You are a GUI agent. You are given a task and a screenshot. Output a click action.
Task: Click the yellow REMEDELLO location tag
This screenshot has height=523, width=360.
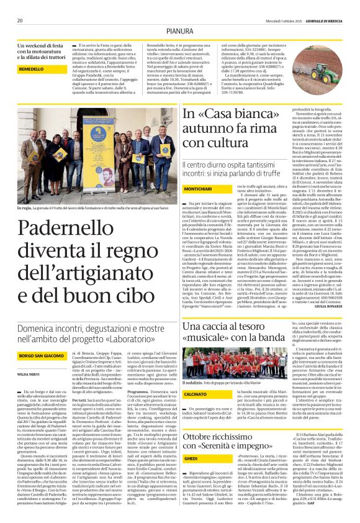point(23,68)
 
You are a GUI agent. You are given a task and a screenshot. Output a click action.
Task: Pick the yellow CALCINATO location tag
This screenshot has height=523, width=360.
point(196,393)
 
